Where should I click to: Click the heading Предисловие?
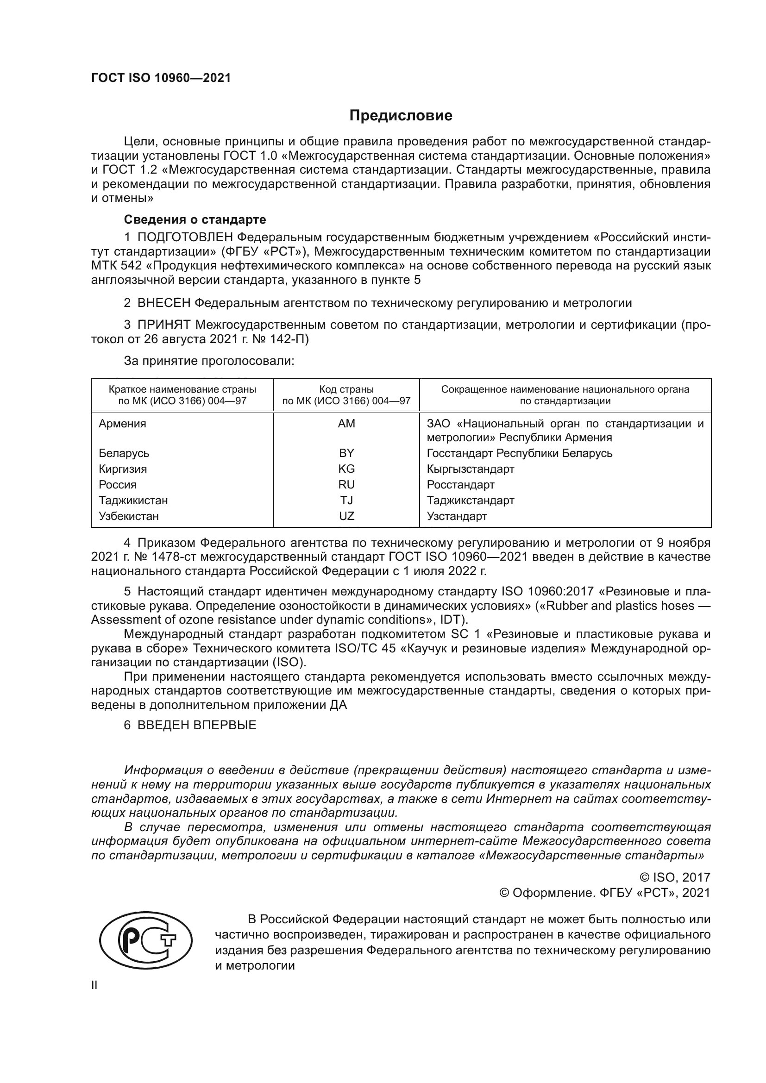point(401,116)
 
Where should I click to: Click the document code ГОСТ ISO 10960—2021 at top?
point(161,78)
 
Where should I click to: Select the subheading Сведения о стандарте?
point(195,219)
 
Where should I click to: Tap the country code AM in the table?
point(346,424)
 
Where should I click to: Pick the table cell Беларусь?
point(124,453)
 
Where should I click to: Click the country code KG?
point(346,469)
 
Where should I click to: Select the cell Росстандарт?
point(460,484)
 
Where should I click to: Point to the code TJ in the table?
point(346,500)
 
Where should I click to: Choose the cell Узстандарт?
point(457,516)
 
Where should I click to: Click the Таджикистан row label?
point(133,500)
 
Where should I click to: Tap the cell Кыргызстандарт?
point(470,469)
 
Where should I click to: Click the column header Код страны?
point(346,389)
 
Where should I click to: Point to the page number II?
point(94,985)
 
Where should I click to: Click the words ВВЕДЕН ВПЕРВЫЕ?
point(197,725)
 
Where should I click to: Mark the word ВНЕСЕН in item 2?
point(164,303)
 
